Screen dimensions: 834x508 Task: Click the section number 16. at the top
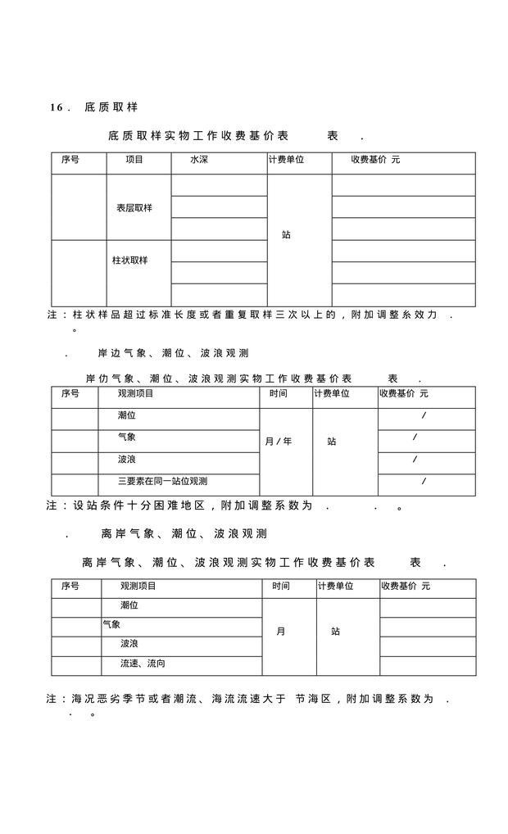point(61,108)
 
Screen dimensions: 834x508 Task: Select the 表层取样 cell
point(134,208)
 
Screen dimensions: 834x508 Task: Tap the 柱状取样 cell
point(130,261)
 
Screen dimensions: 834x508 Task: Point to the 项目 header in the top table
point(134,160)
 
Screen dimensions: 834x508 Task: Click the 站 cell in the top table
point(286,235)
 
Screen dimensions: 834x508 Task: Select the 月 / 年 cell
point(278,442)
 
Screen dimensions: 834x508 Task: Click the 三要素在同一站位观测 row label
point(162,481)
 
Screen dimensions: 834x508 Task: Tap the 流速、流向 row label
point(143,663)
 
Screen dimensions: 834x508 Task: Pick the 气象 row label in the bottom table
point(111,624)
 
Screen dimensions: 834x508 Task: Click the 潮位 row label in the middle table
point(127,415)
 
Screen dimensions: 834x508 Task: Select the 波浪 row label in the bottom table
point(129,644)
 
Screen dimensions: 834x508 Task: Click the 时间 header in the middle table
point(279,394)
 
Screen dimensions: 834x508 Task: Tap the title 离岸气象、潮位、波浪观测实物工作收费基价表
point(229,563)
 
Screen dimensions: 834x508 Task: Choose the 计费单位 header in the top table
point(286,160)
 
